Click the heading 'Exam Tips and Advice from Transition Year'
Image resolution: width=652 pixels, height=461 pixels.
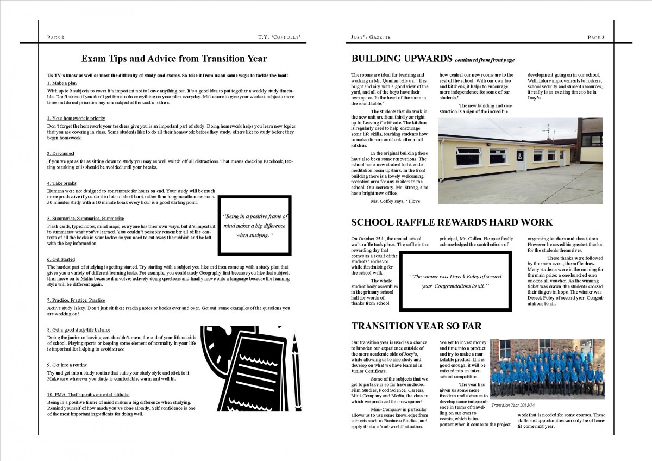point(174,58)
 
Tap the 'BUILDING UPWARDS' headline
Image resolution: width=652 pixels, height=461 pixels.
point(402,58)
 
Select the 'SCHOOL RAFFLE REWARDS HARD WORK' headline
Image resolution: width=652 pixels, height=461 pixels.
point(452,222)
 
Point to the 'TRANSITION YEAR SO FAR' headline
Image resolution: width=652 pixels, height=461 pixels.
point(416,326)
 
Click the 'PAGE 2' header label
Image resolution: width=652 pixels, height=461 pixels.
point(56,37)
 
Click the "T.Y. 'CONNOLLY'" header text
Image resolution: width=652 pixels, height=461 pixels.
point(280,37)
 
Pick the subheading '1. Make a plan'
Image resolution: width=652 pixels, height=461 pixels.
point(61,83)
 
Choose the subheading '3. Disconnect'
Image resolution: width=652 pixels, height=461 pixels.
point(61,154)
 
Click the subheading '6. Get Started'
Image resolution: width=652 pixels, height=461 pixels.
point(61,259)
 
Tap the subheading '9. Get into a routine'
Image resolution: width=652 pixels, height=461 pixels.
point(67,365)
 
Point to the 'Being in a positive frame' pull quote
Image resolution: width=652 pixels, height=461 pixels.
point(255,226)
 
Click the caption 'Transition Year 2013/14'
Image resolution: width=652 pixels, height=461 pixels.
point(513,406)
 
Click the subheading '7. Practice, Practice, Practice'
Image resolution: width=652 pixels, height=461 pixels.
point(76,300)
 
